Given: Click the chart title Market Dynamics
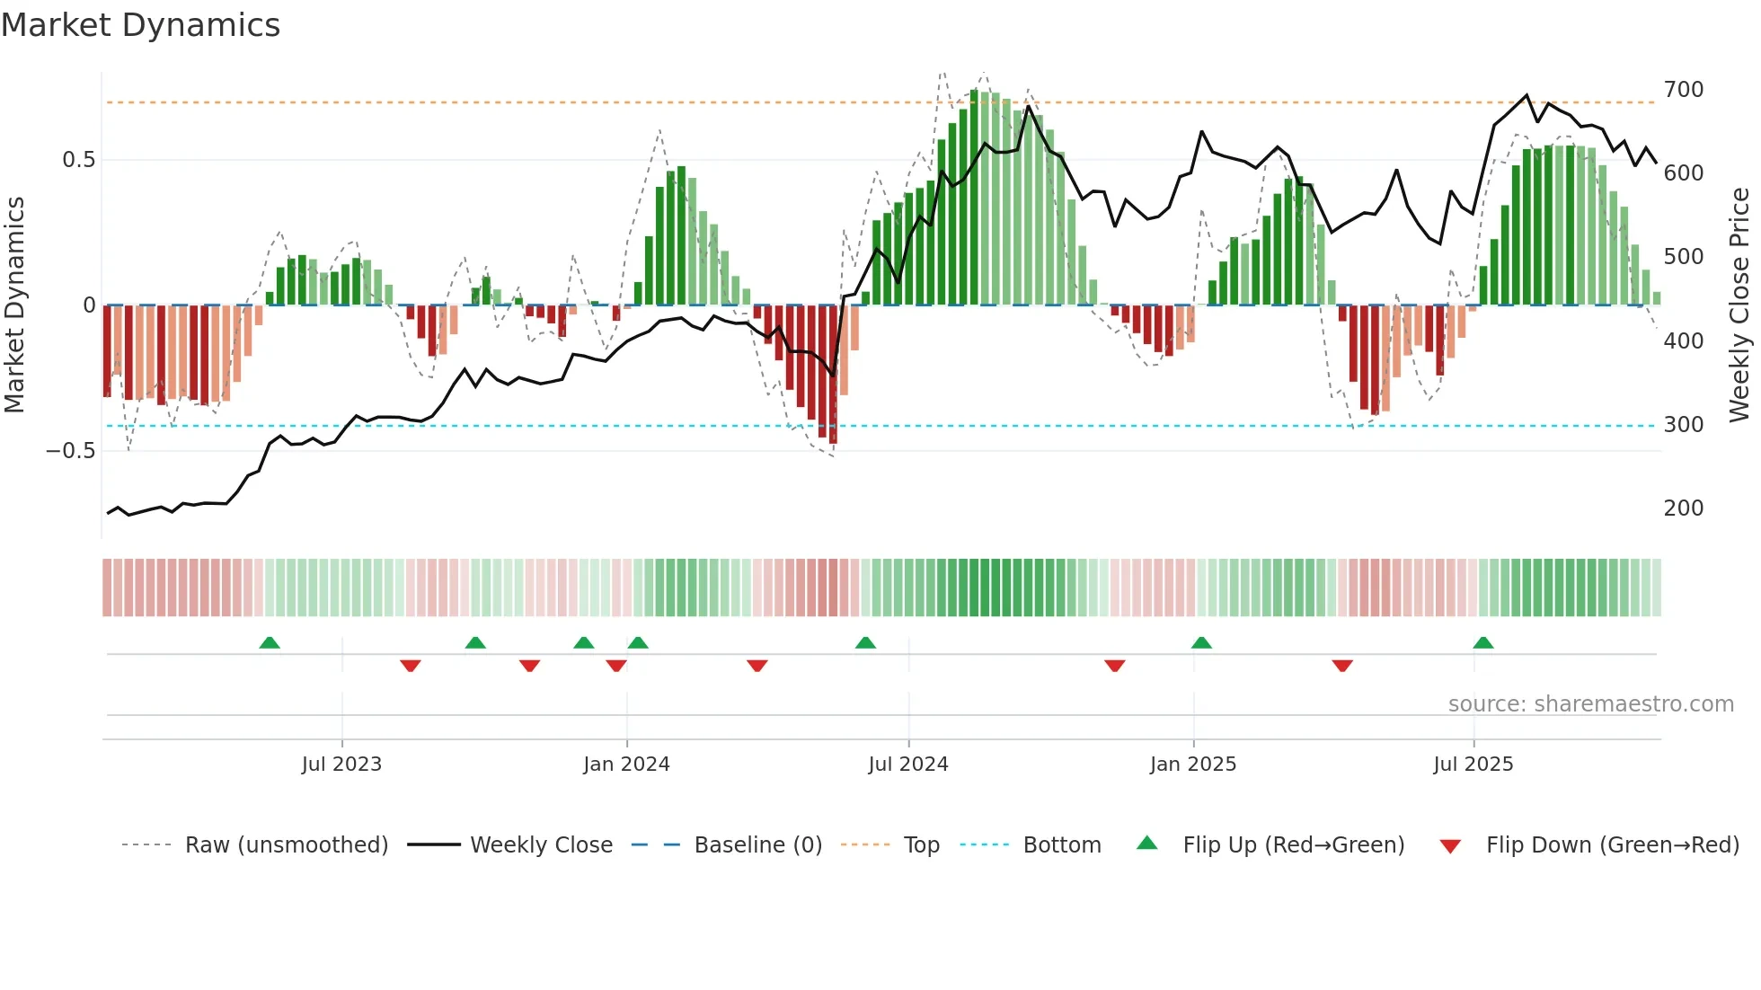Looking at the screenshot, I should pyautogui.click(x=141, y=25).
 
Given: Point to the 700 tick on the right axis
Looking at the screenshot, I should pyautogui.click(x=1683, y=90).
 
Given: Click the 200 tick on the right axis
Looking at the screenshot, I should pyautogui.click(x=1683, y=508).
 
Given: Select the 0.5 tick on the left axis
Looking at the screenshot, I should pyautogui.click(x=78, y=160).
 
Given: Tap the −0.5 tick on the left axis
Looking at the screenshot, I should pyautogui.click(x=71, y=451).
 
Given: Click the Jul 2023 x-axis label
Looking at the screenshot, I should pyautogui.click(x=341, y=765).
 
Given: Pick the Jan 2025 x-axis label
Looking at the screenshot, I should pyautogui.click(x=1192, y=765).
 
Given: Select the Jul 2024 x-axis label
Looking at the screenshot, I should pyautogui.click(x=907, y=765).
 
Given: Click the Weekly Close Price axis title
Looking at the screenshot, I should pyautogui.click(x=1739, y=305).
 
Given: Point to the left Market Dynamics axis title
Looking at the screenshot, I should pyautogui.click(x=14, y=305).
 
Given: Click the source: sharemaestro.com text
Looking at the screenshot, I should pyautogui.click(x=1590, y=704).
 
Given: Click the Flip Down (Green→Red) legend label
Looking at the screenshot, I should pyautogui.click(x=1612, y=845).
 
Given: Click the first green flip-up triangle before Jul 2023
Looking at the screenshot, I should pyautogui.click(x=270, y=642).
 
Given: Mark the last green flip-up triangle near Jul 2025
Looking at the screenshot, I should pyautogui.click(x=1483, y=642).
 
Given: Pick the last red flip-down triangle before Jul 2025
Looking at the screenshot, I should pyautogui.click(x=1342, y=666).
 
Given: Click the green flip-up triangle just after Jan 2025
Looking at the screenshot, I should pyautogui.click(x=1201, y=642).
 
